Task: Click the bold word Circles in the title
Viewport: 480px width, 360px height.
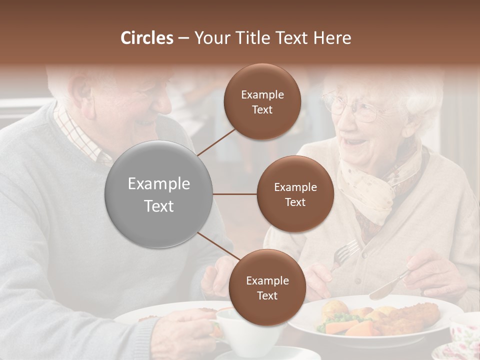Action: point(146,38)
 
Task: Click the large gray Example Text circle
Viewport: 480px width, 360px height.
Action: point(159,194)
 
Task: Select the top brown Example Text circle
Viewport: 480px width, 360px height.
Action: point(262,101)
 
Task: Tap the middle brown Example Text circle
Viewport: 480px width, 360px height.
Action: point(295,194)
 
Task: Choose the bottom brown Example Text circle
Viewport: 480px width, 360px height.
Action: point(267,287)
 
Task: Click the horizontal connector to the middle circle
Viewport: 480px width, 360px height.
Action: point(235,194)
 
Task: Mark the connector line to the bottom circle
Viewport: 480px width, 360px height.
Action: point(218,246)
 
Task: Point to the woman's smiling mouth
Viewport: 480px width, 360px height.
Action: point(356,143)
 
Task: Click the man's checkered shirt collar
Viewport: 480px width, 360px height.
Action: point(80,135)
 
